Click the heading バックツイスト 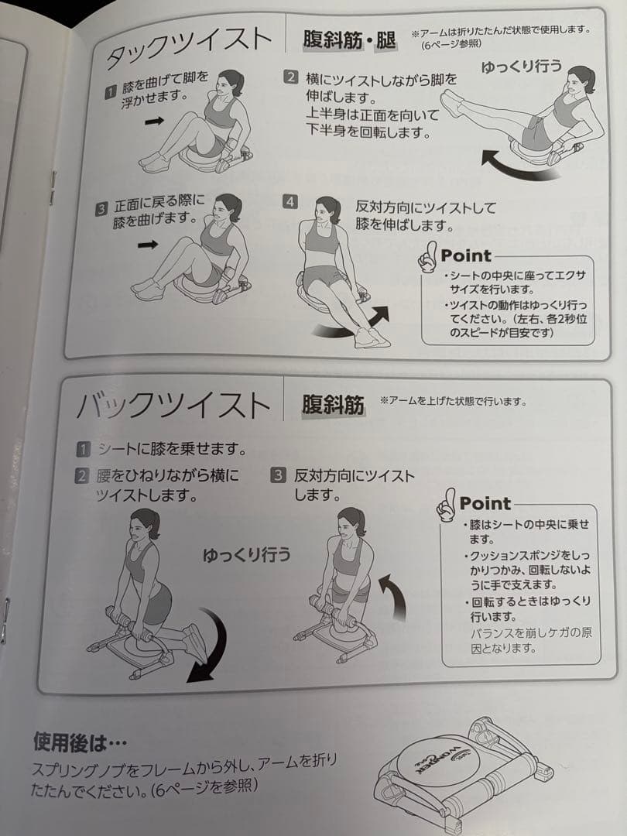click(174, 406)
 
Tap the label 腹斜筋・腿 click(349, 39)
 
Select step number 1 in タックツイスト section click(111, 93)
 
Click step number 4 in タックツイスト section click(290, 202)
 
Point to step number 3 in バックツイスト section click(278, 475)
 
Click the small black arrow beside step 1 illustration click(155, 122)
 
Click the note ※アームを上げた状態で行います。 click(453, 401)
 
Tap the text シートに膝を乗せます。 click(171, 449)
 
